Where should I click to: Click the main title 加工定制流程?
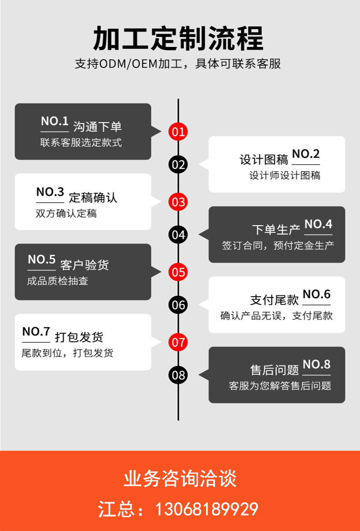click(178, 38)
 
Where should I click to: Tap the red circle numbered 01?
click(178, 132)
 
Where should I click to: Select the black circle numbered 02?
click(178, 165)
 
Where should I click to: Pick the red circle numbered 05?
click(178, 272)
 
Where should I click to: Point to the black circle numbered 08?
click(178, 375)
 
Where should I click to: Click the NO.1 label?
click(55, 121)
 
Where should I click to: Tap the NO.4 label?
click(318, 224)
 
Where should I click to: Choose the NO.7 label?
click(36, 332)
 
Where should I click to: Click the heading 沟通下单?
click(98, 127)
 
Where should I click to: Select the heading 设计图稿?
click(264, 160)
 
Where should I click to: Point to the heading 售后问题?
click(274, 369)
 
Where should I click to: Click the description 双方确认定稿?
click(66, 213)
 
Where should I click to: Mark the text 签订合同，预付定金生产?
click(278, 245)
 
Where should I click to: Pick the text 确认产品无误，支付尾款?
click(277, 315)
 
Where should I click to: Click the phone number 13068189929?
click(207, 509)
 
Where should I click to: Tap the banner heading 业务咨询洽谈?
click(180, 479)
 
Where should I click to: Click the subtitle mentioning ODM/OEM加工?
click(178, 64)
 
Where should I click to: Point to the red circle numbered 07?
click(178, 342)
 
